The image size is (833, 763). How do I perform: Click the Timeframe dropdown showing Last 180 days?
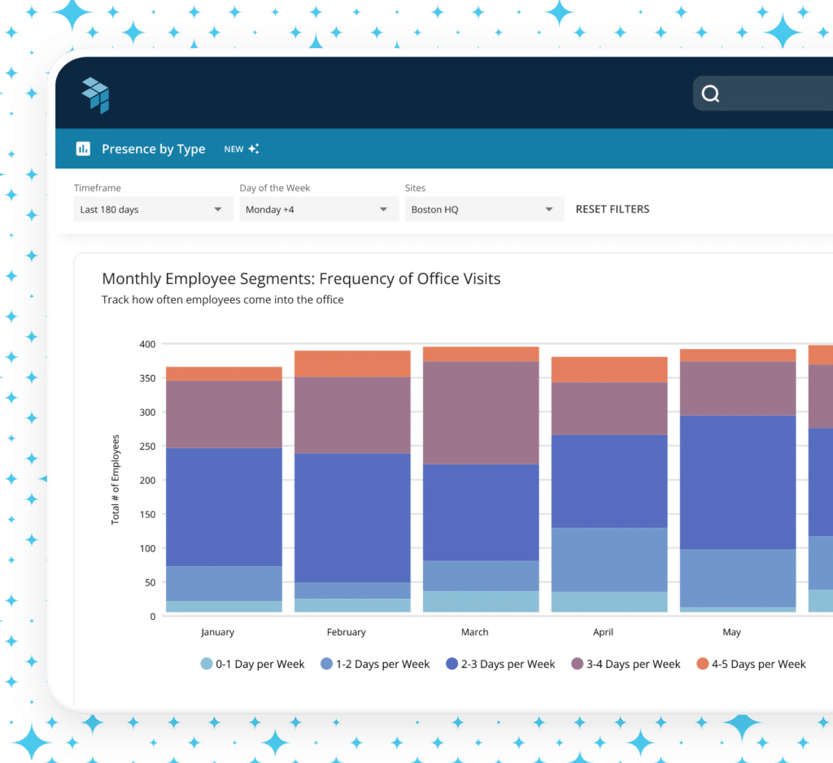pyautogui.click(x=150, y=209)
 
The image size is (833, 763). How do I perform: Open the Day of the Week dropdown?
pyautogui.click(x=316, y=209)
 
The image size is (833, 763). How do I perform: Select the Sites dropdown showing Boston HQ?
pyautogui.click(x=483, y=209)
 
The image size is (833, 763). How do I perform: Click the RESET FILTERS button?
pyautogui.click(x=612, y=209)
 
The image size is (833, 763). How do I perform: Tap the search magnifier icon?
pyautogui.click(x=710, y=94)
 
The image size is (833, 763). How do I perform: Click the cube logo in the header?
pyautogui.click(x=95, y=95)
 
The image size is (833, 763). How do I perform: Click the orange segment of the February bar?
pyautogui.click(x=351, y=364)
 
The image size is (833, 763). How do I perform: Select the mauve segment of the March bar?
pyautogui.click(x=480, y=412)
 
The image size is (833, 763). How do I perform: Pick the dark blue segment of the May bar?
pyautogui.click(x=738, y=482)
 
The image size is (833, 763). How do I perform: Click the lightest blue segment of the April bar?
pyautogui.click(x=609, y=601)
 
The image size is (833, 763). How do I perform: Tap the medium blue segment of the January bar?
pyautogui.click(x=223, y=583)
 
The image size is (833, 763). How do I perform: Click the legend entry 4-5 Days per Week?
pyautogui.click(x=751, y=664)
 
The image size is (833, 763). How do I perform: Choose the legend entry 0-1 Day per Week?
pyautogui.click(x=252, y=664)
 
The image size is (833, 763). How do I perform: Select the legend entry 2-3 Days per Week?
pyautogui.click(x=500, y=664)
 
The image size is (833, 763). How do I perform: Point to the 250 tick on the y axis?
pyautogui.click(x=146, y=446)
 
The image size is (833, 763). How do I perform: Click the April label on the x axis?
pyautogui.click(x=603, y=632)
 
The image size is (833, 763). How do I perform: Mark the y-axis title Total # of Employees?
pyautogui.click(x=116, y=479)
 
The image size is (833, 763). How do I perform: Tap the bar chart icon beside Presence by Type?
pyautogui.click(x=83, y=149)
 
